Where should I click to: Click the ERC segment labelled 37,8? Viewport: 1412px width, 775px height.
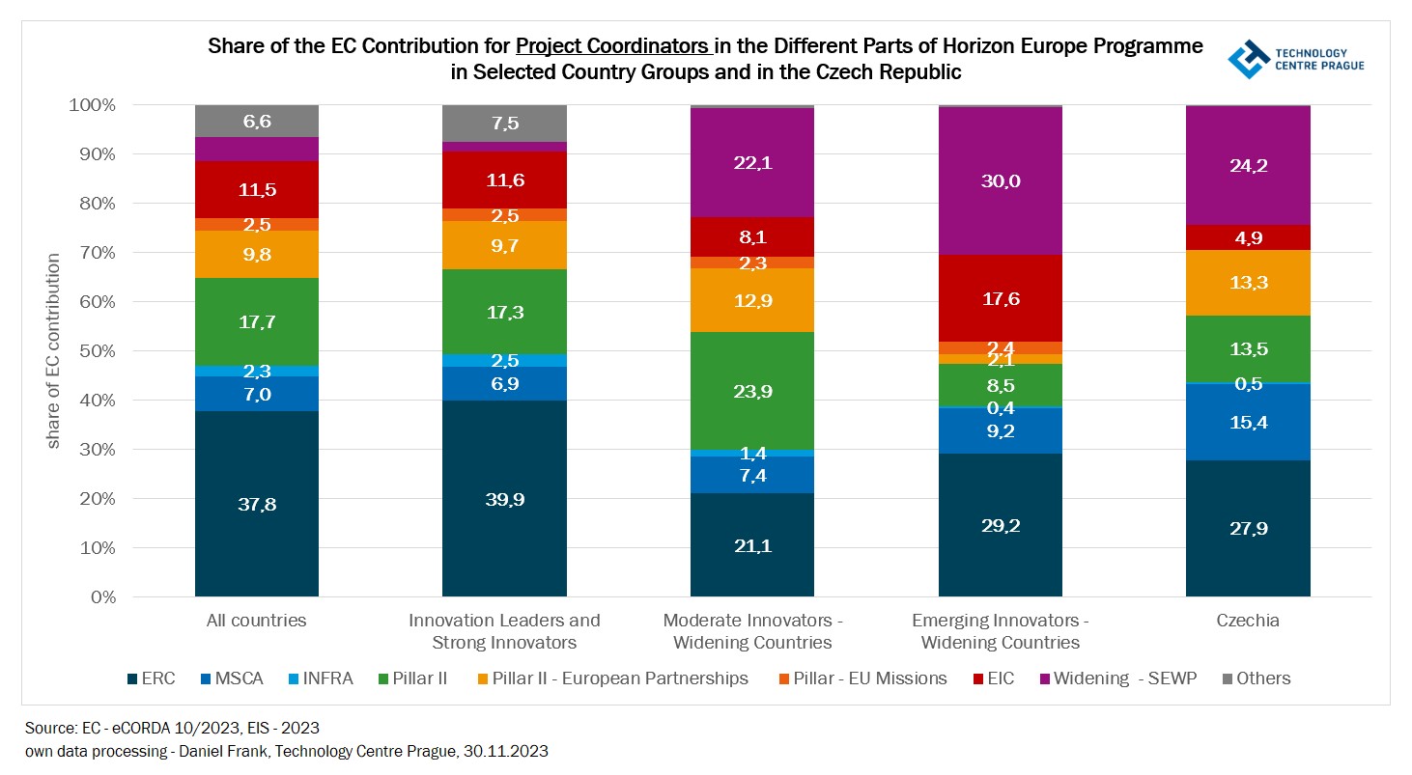(x=256, y=504)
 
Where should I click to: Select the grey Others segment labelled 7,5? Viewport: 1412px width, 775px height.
(x=504, y=123)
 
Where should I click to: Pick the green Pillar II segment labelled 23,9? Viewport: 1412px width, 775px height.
(x=751, y=391)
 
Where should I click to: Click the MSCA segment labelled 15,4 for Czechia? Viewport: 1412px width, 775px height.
(x=1248, y=421)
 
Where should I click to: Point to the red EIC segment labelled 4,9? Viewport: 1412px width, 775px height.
(x=1248, y=237)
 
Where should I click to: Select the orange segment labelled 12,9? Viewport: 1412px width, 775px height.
(x=751, y=299)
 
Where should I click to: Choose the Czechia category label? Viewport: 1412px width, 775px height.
(x=1248, y=621)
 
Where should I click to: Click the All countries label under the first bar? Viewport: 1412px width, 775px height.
(x=256, y=621)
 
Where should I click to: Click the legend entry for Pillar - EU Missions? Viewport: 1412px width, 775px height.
(x=861, y=678)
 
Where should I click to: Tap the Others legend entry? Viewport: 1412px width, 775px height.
(x=1255, y=678)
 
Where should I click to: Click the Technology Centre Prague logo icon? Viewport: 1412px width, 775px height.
(x=1249, y=59)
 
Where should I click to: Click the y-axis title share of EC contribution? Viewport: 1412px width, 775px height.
(x=54, y=350)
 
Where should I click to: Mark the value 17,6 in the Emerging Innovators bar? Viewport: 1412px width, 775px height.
(x=1000, y=299)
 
